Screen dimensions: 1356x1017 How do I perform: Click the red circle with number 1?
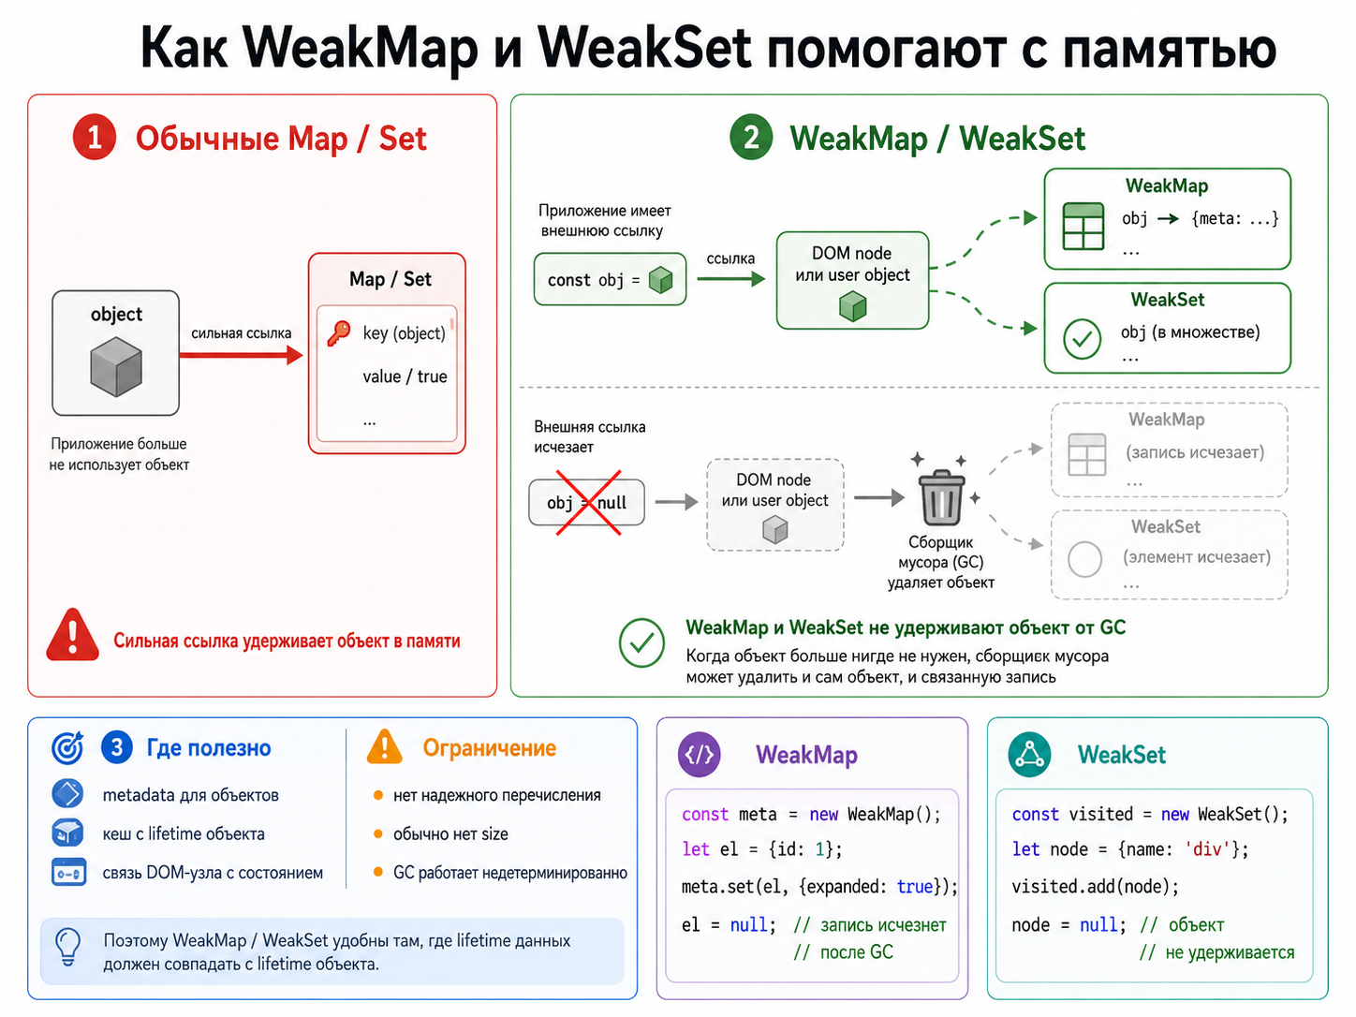[95, 137]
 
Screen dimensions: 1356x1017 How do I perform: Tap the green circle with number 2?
[751, 137]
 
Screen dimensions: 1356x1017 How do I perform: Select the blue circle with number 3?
[117, 747]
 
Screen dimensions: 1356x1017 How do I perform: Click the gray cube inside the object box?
[116, 366]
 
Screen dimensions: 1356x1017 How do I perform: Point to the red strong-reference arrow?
[241, 355]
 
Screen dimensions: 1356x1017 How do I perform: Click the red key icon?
[339, 333]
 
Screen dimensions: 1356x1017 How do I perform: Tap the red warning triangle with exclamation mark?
[72, 635]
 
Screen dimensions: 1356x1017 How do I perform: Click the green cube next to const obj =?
[660, 280]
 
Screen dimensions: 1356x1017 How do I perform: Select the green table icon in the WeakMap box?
[1083, 226]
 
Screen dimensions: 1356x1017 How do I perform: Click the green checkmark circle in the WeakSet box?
[1082, 338]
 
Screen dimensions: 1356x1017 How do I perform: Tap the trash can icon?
[941, 497]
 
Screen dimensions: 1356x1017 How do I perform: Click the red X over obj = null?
[588, 503]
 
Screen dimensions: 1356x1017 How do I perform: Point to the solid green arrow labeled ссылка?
[730, 279]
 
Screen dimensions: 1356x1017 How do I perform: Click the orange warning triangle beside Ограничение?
[384, 746]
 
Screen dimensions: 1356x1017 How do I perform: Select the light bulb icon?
[68, 947]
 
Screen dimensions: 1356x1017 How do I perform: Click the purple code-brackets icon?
[700, 754]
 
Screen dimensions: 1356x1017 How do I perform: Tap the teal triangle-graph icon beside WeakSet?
[1029, 754]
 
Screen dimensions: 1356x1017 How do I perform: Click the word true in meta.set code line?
[915, 887]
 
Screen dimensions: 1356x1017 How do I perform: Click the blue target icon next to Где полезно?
[67, 747]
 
